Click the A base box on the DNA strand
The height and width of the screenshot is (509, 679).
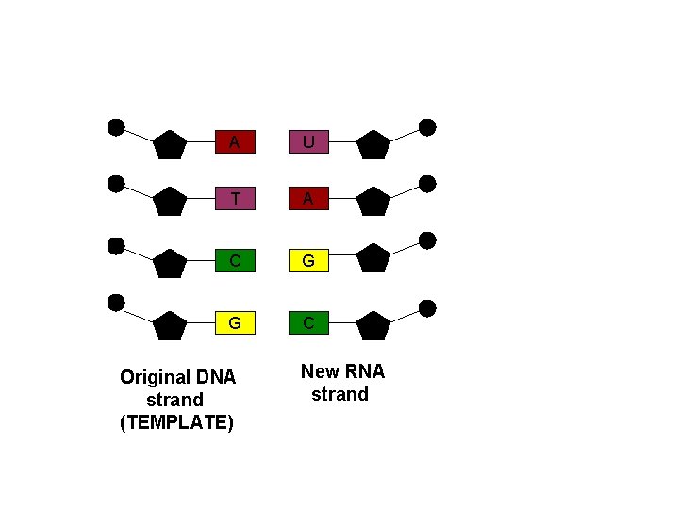click(x=235, y=142)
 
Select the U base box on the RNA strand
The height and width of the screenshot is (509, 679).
click(x=308, y=142)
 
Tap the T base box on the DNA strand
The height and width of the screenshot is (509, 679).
click(x=235, y=199)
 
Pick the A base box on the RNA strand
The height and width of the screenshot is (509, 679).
click(x=308, y=199)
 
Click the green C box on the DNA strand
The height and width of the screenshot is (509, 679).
click(x=235, y=259)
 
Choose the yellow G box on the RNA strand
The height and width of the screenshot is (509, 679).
click(x=308, y=259)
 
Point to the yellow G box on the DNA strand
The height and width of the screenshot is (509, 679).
click(x=235, y=323)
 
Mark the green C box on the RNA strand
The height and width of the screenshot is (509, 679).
click(x=308, y=323)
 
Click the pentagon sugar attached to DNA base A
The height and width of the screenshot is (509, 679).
click(x=170, y=145)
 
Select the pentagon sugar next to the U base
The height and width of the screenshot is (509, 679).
click(x=373, y=145)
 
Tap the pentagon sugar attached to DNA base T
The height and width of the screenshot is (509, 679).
click(x=170, y=202)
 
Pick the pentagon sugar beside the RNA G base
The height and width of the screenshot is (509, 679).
click(x=373, y=258)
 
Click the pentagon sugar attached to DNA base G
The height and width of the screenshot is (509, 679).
click(x=170, y=325)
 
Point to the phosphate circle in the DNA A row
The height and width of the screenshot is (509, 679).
click(x=116, y=127)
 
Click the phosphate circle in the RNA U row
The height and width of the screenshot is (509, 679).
click(x=427, y=127)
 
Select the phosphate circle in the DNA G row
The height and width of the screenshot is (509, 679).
click(x=116, y=303)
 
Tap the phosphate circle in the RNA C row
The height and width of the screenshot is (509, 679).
click(x=427, y=308)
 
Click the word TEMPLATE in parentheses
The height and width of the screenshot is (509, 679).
click(x=177, y=422)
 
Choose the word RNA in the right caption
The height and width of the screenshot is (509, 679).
click(x=366, y=371)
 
